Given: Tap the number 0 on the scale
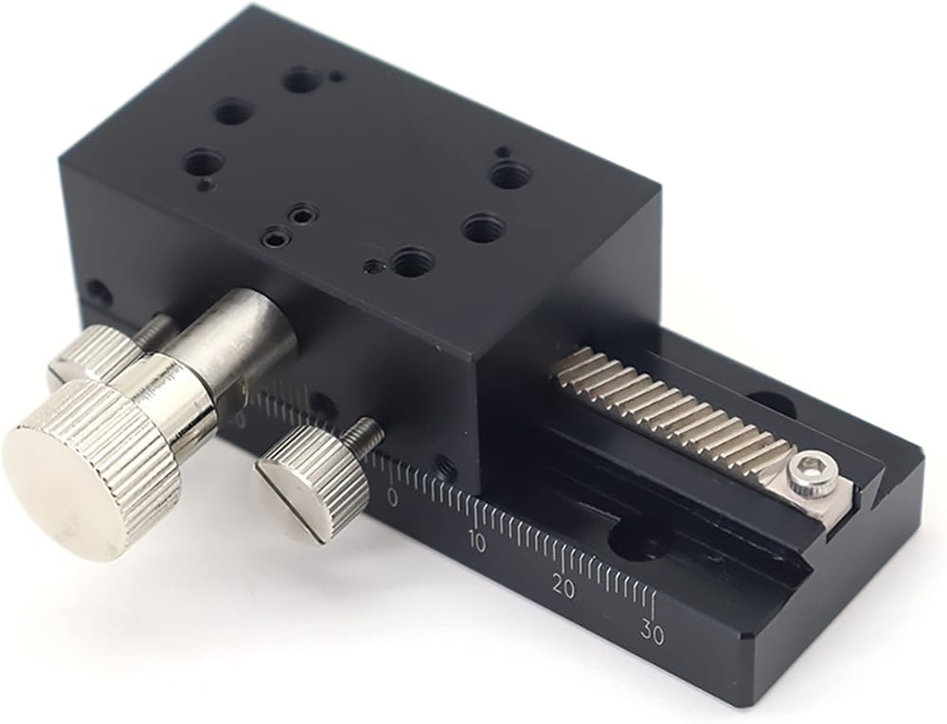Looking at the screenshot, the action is (393, 498).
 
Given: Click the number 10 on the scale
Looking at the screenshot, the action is (476, 543).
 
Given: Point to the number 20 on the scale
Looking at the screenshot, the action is (564, 588).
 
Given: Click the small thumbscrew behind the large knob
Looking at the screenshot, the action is (91, 356).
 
